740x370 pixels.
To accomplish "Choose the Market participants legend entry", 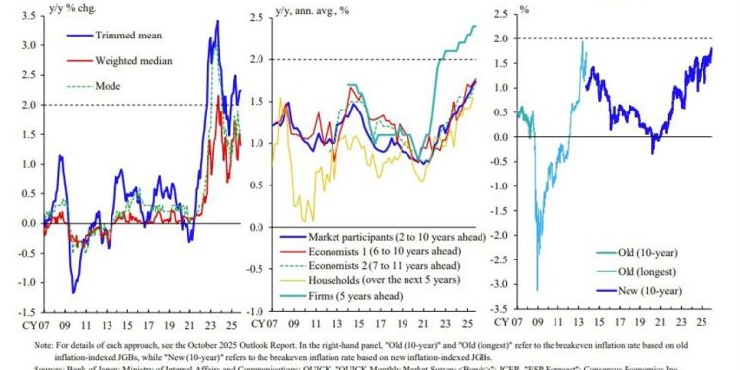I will [394, 238].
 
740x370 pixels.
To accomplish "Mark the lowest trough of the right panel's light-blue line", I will [537, 290].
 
